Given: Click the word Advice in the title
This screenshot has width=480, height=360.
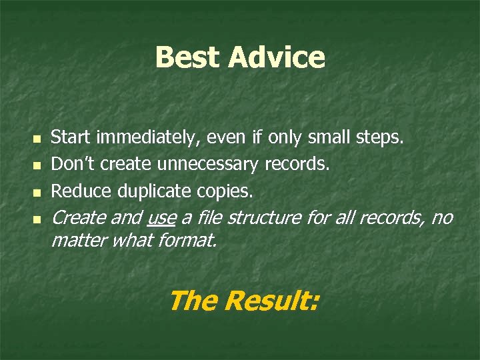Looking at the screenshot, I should click(276, 57).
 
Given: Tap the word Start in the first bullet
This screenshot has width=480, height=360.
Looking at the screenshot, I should click(71, 138).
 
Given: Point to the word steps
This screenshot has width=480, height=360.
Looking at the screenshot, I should click(379, 138).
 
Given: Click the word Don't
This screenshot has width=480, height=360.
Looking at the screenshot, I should click(73, 164).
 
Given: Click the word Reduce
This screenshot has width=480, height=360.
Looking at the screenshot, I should click(81, 191).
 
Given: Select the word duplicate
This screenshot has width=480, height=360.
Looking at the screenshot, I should click(156, 191).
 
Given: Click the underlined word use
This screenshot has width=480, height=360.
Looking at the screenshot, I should click(161, 218).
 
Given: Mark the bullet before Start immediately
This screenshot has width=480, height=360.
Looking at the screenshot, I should click(37, 139).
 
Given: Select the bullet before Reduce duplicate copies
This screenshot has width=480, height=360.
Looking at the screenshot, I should click(37, 192).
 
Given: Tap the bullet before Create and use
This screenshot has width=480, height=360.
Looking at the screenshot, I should click(37, 219).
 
